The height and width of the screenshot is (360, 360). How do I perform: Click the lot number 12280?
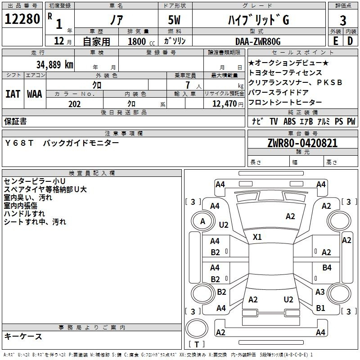pos(22,19)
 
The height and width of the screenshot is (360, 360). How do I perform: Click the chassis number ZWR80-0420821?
pos(302,143)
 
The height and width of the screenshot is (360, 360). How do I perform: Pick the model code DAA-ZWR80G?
pos(258,41)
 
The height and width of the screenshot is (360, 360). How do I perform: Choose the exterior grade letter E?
pos(335,41)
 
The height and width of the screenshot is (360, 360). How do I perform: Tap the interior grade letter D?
pos(350,41)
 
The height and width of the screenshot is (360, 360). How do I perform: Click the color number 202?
pos(74,104)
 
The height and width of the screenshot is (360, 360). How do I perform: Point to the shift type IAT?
pos(13,94)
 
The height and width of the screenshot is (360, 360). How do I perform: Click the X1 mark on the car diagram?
pos(257,237)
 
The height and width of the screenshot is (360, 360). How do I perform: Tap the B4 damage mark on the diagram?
pos(327,268)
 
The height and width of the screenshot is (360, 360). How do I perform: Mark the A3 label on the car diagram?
pos(320,292)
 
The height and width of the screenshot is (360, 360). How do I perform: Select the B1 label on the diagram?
pos(320,308)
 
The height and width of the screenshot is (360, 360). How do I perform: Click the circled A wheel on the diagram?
pos(202,221)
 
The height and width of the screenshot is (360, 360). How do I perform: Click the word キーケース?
pos(23,337)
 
